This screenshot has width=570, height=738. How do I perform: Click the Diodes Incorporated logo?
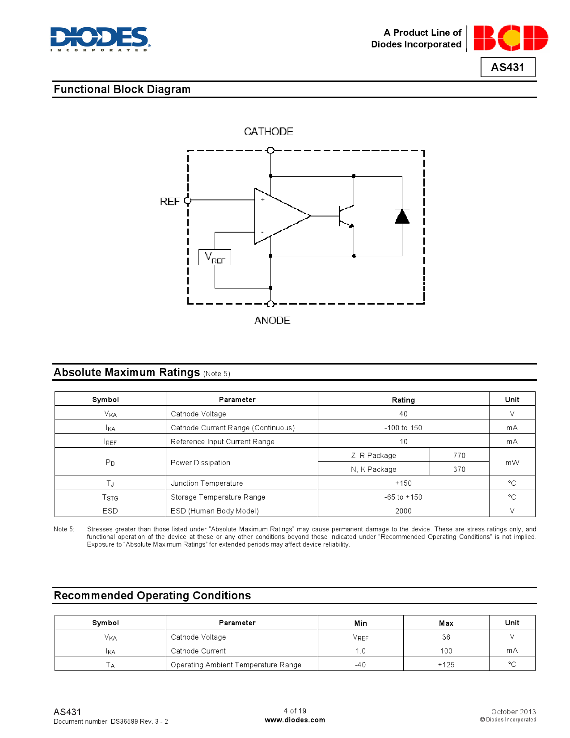(100, 39)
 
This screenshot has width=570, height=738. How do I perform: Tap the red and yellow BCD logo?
(510, 38)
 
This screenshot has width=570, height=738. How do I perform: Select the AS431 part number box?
(507, 67)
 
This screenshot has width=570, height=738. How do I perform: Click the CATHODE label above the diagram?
(268, 131)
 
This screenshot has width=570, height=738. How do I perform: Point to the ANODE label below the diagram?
(272, 321)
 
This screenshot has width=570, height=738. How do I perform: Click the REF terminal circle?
(188, 200)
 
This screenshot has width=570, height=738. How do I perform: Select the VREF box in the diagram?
(215, 257)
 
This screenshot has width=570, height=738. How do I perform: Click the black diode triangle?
(402, 216)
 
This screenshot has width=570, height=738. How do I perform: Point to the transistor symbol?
(346, 216)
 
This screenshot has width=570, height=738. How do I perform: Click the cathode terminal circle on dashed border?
(270, 151)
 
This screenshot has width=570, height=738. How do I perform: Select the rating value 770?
(459, 455)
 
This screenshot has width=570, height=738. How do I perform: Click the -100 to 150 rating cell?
(403, 428)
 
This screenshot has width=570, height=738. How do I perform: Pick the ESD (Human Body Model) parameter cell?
(215, 511)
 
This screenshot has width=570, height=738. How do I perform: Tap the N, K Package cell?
(373, 469)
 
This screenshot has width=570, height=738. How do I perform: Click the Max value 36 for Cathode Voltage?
(446, 637)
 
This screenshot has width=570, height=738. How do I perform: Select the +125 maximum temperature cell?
(446, 665)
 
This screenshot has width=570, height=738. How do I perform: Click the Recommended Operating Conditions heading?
(152, 596)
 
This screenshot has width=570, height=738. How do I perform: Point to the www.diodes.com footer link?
(295, 720)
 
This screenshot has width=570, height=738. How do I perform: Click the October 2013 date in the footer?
(513, 712)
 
